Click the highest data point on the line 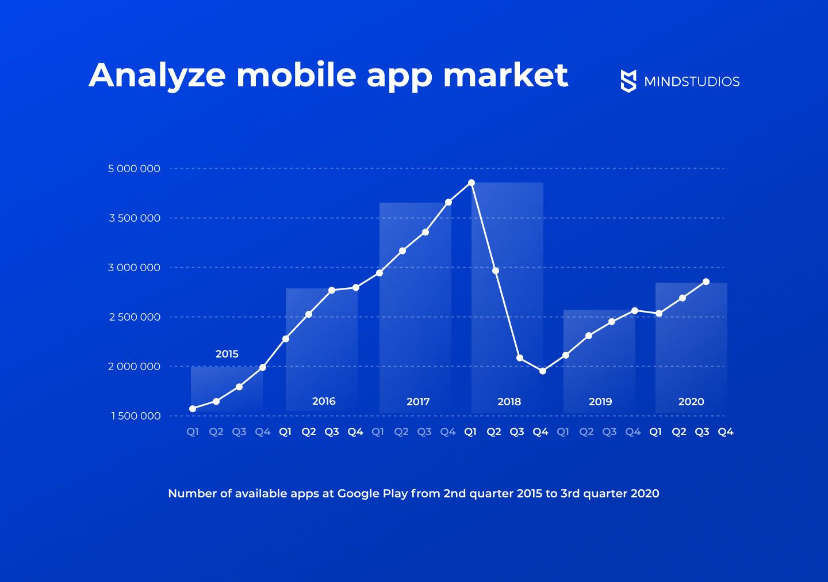click(471, 182)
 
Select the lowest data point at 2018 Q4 click(542, 371)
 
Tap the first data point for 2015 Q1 click(193, 409)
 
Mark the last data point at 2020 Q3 click(706, 282)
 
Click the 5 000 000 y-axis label click(134, 169)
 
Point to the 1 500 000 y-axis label click(136, 416)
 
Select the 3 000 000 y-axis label click(134, 268)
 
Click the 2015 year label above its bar click(227, 354)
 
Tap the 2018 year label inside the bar click(509, 402)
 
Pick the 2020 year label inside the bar click(691, 402)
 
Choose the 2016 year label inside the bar click(324, 401)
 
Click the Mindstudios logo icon click(628, 81)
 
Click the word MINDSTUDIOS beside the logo click(692, 82)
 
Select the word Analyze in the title click(157, 75)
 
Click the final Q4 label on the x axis click(726, 432)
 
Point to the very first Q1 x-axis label click(193, 432)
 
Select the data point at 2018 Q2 click(496, 271)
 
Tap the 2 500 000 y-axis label click(135, 317)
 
